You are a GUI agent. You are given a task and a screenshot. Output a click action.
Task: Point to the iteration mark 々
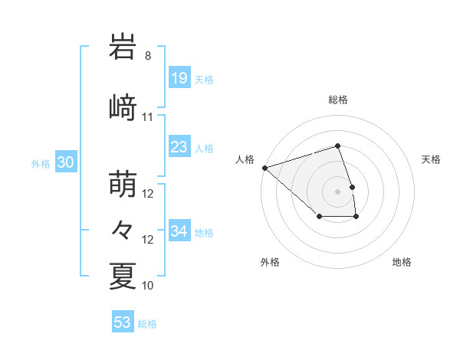pyautogui.click(x=123, y=229)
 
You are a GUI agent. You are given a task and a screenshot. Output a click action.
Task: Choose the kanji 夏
pyautogui.click(x=123, y=276)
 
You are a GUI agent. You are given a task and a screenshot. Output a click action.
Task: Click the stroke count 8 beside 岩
pyautogui.click(x=148, y=56)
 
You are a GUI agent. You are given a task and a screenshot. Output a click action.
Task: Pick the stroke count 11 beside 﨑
pyautogui.click(x=148, y=117)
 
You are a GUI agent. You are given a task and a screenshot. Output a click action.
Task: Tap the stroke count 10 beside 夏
pyautogui.click(x=148, y=285)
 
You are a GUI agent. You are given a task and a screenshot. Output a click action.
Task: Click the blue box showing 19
pyautogui.click(x=179, y=78)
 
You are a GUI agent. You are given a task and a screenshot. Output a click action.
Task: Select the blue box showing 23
pyautogui.click(x=179, y=147)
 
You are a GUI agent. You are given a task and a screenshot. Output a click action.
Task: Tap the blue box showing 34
pyautogui.click(x=179, y=231)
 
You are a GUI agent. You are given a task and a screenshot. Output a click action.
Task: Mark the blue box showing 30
pyautogui.click(x=65, y=162)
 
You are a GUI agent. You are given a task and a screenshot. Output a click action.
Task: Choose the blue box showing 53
pyautogui.click(x=123, y=322)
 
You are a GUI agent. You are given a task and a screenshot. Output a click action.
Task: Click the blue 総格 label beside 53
pyautogui.click(x=147, y=324)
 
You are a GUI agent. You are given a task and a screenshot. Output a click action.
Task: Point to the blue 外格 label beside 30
pyautogui.click(x=41, y=163)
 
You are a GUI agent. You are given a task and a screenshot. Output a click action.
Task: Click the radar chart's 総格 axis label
pyautogui.click(x=338, y=100)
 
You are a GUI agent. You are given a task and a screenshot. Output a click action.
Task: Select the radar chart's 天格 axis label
pyautogui.click(x=432, y=159)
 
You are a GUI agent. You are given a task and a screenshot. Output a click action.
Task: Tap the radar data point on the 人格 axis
pyautogui.click(x=264, y=167)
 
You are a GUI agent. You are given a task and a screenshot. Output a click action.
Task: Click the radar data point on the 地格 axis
pyautogui.click(x=356, y=218)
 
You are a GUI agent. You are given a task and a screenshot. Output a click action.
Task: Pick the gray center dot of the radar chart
pyautogui.click(x=338, y=191)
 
